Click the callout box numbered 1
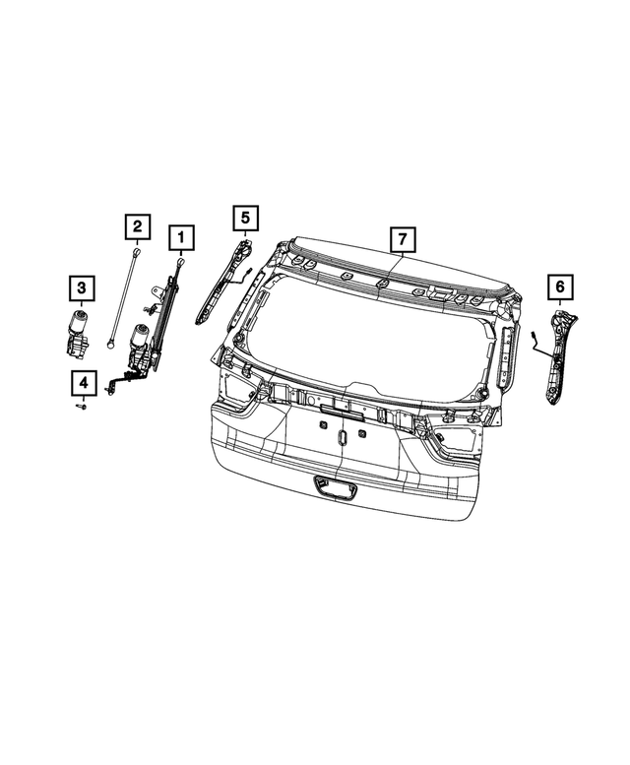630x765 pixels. point(180,237)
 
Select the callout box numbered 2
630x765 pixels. point(137,227)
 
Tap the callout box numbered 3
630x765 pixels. point(82,287)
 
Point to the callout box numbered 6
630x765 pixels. point(558,287)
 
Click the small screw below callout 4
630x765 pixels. point(83,405)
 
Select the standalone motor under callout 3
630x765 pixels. point(76,330)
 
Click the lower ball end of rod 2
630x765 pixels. point(113,345)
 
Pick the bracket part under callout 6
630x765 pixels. point(557,354)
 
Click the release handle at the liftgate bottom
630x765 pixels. point(335,485)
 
